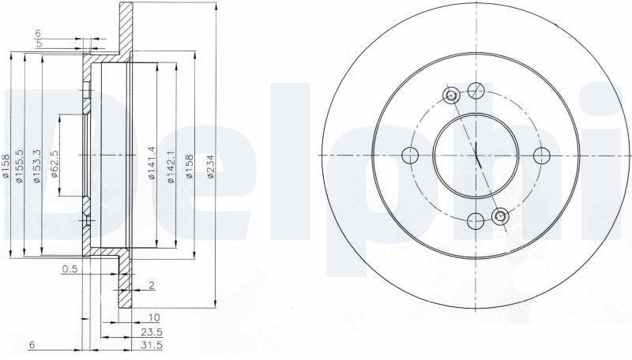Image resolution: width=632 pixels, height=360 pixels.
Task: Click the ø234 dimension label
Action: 210,167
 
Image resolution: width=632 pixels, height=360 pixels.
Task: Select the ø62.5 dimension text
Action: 55,164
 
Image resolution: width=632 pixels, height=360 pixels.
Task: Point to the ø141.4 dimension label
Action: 151,163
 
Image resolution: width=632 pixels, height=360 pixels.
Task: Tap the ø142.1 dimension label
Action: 171,167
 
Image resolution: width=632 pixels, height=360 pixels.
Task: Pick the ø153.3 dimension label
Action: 37,166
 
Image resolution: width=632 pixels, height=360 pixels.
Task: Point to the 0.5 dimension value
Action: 70,268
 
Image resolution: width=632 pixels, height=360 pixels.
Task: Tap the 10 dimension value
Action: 154,318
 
